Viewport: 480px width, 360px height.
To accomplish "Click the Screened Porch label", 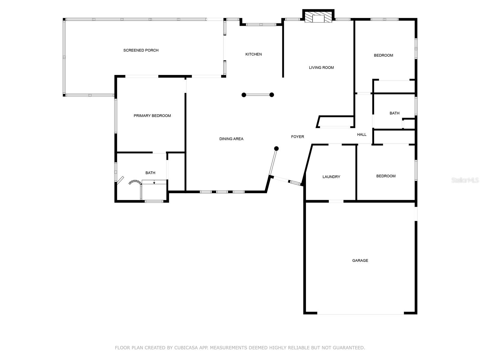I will pyautogui.click(x=141, y=50).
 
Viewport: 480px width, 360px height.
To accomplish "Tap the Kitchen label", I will pyautogui.click(x=253, y=54).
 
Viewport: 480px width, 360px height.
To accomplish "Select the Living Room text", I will pyautogui.click(x=321, y=67).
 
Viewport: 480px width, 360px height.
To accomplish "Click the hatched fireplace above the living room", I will pyautogui.click(x=318, y=17).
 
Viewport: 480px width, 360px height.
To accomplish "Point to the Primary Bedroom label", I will pyautogui.click(x=152, y=116).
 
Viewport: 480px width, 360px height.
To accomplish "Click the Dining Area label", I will pyautogui.click(x=231, y=139).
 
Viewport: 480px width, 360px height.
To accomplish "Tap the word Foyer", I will pyautogui.click(x=298, y=137).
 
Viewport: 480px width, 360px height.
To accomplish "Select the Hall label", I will pyautogui.click(x=361, y=135).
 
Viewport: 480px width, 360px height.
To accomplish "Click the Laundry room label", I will pyautogui.click(x=331, y=177).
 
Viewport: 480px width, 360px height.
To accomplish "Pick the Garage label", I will pyautogui.click(x=360, y=260).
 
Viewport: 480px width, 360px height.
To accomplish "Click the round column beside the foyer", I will pyautogui.click(x=277, y=148).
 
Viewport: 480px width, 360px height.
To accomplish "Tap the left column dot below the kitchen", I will pyautogui.click(x=244, y=95).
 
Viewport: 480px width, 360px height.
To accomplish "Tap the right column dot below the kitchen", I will pyautogui.click(x=272, y=95).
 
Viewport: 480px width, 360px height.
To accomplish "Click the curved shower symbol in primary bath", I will pyautogui.click(x=135, y=182).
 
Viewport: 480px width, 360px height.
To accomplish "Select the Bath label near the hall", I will pyautogui.click(x=394, y=113).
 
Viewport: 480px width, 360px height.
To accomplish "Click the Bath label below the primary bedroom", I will pyautogui.click(x=150, y=173).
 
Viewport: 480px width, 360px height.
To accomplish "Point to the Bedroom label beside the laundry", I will pyautogui.click(x=386, y=176).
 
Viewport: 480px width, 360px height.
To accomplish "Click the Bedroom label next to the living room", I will pyautogui.click(x=383, y=55).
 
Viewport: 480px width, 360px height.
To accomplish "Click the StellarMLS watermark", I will pyautogui.click(x=465, y=180).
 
